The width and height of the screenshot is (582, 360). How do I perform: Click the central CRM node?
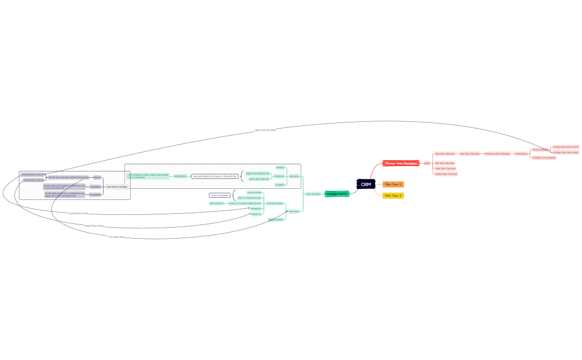[x=366, y=184]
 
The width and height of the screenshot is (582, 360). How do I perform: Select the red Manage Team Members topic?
[x=401, y=163]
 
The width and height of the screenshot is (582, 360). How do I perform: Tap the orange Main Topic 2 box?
[x=393, y=184]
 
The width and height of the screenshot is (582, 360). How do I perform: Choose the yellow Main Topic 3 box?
[x=393, y=196]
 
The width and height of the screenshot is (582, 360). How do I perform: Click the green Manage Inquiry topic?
[x=337, y=194]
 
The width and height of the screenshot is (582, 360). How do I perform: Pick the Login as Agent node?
[x=313, y=194]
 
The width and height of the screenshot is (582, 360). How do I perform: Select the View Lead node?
[x=293, y=211]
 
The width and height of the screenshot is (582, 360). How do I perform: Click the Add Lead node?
[x=294, y=176]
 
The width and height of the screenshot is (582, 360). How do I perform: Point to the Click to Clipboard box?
[x=219, y=195]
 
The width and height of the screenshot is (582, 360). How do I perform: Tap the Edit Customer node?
[x=216, y=203]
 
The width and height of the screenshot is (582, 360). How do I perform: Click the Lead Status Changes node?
[x=116, y=187]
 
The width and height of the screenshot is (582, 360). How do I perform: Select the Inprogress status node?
[x=95, y=187]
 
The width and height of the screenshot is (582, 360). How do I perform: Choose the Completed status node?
[x=95, y=194]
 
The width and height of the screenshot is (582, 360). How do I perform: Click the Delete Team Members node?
[x=446, y=174]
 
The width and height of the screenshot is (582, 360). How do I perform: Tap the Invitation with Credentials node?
[x=497, y=153]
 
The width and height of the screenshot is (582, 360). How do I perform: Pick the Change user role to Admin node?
[x=565, y=147]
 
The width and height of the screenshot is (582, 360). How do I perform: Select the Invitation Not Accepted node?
[x=544, y=157]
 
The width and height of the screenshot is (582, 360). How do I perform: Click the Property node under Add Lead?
[x=279, y=184]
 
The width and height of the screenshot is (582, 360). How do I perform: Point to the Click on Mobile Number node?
[x=249, y=198]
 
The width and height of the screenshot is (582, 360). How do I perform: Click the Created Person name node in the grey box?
[x=32, y=174]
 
